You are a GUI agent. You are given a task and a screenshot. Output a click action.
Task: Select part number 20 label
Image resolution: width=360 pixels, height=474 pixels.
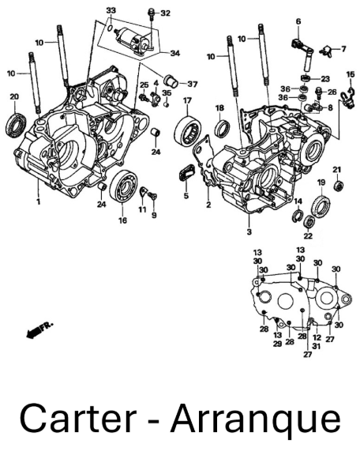click(x=14, y=96)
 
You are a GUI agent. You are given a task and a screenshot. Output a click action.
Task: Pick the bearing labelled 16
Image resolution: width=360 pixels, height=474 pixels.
click(x=123, y=186)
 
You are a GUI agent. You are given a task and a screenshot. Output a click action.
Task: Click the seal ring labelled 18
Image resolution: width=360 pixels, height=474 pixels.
click(x=222, y=129)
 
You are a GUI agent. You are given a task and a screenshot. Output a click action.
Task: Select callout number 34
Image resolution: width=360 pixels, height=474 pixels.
click(x=175, y=54)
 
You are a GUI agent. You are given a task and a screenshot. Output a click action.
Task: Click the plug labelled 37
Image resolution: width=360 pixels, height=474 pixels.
click(x=171, y=80)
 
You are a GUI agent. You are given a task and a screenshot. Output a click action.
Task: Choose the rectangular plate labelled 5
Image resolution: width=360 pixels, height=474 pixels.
click(x=186, y=175)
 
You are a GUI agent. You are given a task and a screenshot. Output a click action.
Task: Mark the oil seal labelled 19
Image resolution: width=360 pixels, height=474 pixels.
click(x=321, y=206)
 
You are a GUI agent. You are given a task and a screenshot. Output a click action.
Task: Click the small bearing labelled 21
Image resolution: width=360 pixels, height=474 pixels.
click(x=339, y=185)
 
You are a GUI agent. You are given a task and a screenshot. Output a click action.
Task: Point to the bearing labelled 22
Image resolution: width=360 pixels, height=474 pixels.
click(x=309, y=222)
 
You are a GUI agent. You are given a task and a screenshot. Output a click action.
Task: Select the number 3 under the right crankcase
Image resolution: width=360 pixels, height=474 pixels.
click(x=249, y=231)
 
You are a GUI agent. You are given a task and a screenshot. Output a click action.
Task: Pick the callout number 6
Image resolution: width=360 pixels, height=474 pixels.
click(x=298, y=21)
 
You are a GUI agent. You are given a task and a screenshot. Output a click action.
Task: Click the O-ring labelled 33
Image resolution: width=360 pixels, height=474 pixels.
click(x=111, y=28)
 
